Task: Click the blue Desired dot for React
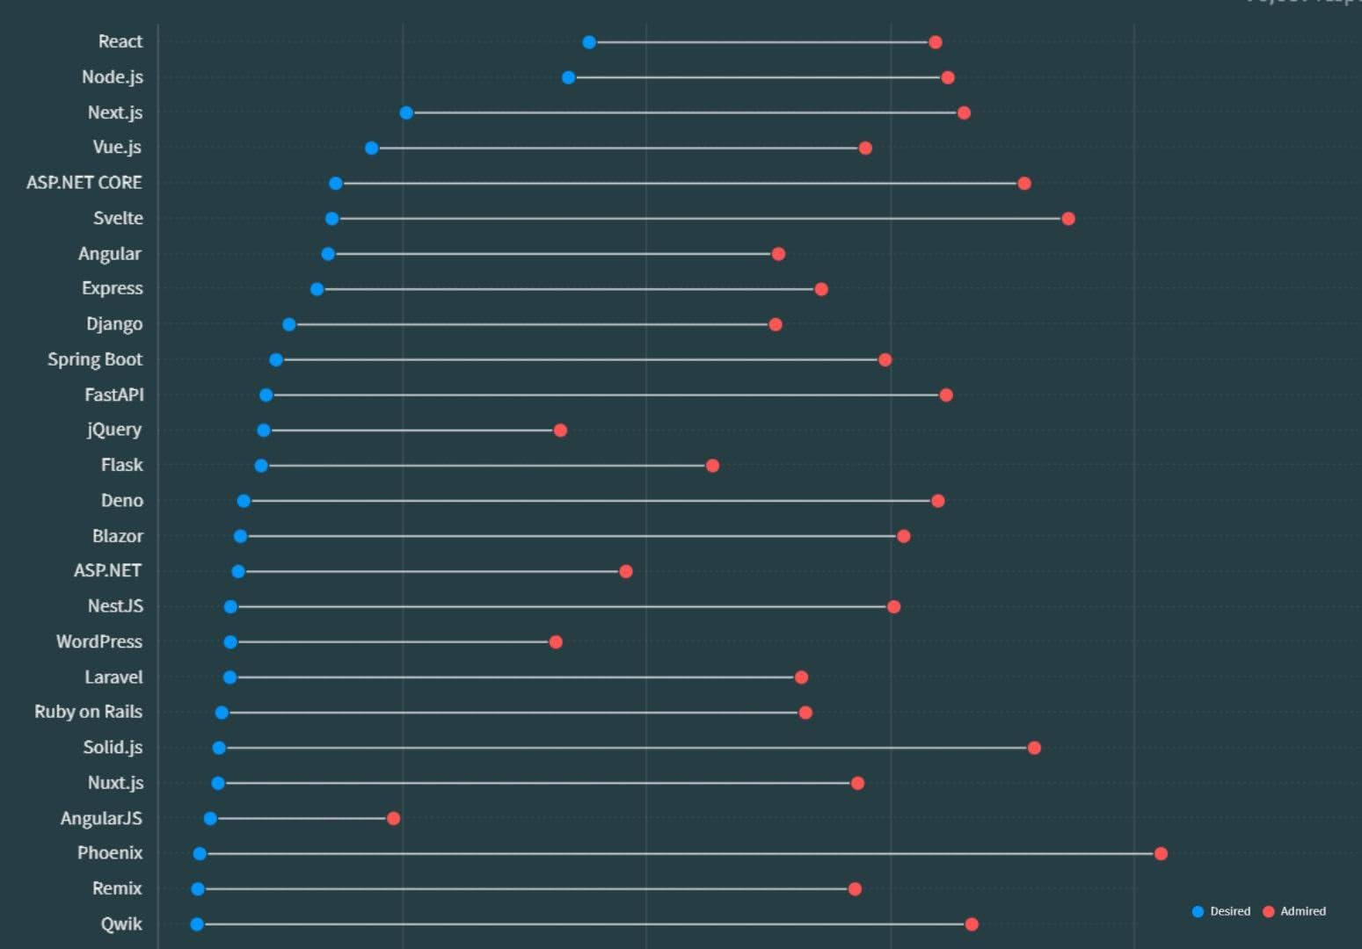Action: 589,42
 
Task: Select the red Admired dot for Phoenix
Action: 1161,853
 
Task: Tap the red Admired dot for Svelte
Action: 1068,219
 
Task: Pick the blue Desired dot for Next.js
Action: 406,112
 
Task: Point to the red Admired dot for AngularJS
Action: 393,818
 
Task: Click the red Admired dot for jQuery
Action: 560,430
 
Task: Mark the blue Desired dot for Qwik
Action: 197,924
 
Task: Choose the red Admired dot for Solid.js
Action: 1034,748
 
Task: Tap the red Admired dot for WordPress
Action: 556,641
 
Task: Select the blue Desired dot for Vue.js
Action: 372,148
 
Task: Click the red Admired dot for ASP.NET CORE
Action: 1024,183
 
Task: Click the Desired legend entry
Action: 1221,911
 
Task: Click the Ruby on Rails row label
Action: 88,712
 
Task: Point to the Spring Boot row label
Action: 94,359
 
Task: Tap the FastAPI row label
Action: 113,395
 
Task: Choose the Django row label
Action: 113,324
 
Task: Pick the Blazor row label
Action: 117,536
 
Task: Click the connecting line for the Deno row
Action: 589,501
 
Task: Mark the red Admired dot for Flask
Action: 712,465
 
